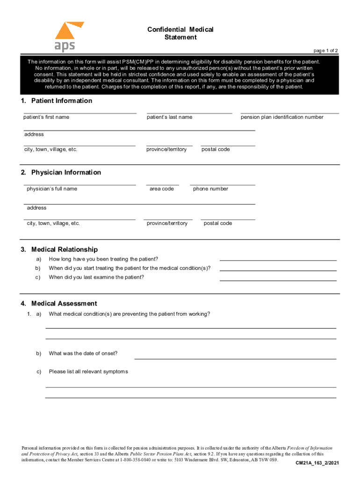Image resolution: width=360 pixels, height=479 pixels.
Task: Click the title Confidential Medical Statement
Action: (180, 33)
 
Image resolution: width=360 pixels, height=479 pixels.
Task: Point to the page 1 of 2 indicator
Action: (325, 51)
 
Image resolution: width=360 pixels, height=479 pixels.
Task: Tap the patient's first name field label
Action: (46, 117)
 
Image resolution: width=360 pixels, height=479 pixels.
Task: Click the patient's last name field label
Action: (169, 117)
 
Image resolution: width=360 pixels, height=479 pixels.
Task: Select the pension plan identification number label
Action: (282, 117)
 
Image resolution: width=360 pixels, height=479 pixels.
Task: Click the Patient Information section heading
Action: (57, 101)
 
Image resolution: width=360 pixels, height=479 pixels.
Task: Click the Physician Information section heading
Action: (61, 173)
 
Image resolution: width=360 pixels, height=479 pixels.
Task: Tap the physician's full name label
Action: (52, 189)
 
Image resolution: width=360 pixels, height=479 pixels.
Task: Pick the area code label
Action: (162, 189)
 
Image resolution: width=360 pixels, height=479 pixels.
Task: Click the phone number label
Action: (210, 189)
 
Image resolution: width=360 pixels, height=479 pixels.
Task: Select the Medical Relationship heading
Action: (59, 250)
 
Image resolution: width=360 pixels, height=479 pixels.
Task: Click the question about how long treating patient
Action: (103, 259)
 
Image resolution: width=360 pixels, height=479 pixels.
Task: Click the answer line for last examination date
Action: (278, 280)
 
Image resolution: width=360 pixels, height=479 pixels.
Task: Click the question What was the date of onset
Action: (83, 354)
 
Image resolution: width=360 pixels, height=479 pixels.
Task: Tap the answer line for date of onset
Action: (235, 359)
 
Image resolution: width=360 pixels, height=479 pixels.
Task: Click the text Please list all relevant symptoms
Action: (88, 372)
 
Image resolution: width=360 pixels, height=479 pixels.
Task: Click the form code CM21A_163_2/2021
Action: (317, 463)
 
